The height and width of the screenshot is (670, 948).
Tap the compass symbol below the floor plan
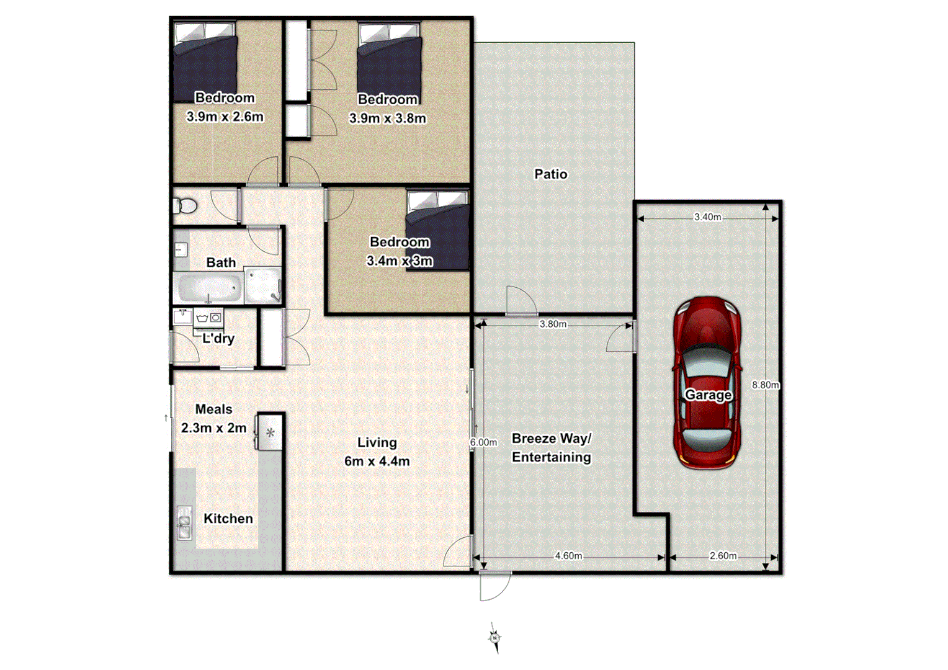[495, 638]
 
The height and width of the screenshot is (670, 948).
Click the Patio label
[550, 174]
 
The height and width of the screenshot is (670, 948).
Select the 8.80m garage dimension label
[765, 385]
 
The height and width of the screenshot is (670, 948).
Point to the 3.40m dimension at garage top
[707, 217]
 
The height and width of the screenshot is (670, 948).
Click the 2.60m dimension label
[723, 556]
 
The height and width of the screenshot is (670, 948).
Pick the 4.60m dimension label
[568, 556]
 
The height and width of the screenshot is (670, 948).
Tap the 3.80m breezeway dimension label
[552, 324]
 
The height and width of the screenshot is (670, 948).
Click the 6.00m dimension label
[483, 442]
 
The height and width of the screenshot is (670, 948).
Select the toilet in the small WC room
[184, 205]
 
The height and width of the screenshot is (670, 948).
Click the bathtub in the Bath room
[209, 288]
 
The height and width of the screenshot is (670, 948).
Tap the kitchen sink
[184, 523]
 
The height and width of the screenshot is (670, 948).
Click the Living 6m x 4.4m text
[377, 452]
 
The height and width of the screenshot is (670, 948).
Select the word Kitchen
[228, 519]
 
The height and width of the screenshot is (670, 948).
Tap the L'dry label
[218, 339]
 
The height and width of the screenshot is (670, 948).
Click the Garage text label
[707, 395]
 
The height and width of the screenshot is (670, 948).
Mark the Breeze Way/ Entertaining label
[551, 447]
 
